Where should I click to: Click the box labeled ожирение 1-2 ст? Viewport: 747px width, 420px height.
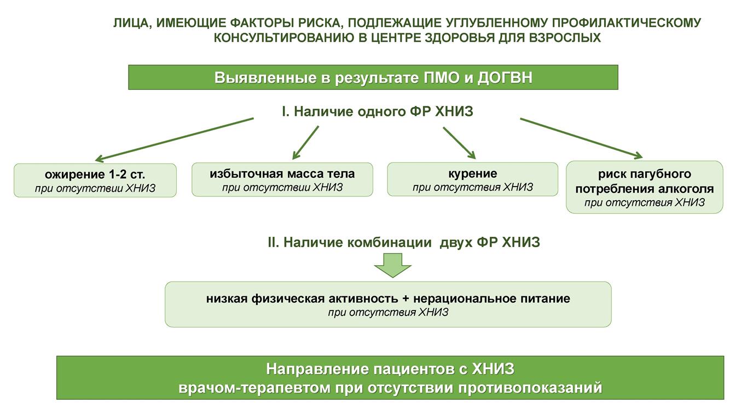(x=95, y=180)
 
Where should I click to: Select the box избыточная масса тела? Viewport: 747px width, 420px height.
(x=282, y=180)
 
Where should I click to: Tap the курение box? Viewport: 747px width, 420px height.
(x=472, y=179)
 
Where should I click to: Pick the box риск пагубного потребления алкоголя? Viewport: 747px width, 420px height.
(x=645, y=188)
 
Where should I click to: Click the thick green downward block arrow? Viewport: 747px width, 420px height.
(x=392, y=265)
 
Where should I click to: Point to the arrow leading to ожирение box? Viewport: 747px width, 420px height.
(x=175, y=139)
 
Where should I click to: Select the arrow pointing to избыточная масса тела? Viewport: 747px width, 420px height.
(x=305, y=143)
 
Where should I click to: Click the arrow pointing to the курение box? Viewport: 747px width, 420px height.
(x=459, y=143)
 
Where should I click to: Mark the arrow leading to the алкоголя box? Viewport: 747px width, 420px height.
(x=581, y=138)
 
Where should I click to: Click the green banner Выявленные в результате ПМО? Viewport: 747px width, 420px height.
(x=373, y=77)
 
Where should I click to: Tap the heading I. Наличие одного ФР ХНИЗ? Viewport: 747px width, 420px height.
(x=378, y=112)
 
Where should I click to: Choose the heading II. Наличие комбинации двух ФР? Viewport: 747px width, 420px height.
(x=404, y=242)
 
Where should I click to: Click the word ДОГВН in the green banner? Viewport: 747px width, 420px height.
(x=505, y=78)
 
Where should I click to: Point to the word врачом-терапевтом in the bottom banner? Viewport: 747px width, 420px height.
(x=254, y=388)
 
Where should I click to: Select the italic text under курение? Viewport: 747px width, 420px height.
(x=472, y=188)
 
